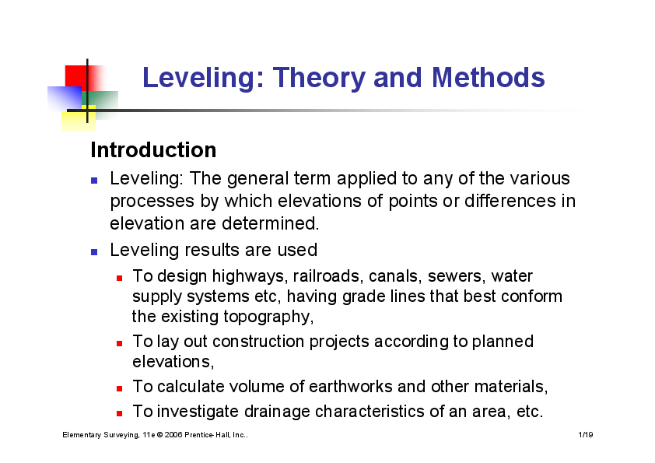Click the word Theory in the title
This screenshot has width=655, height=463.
319,78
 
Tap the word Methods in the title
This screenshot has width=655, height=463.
488,78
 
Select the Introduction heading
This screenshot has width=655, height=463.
153,149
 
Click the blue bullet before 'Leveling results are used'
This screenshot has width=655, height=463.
94,252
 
